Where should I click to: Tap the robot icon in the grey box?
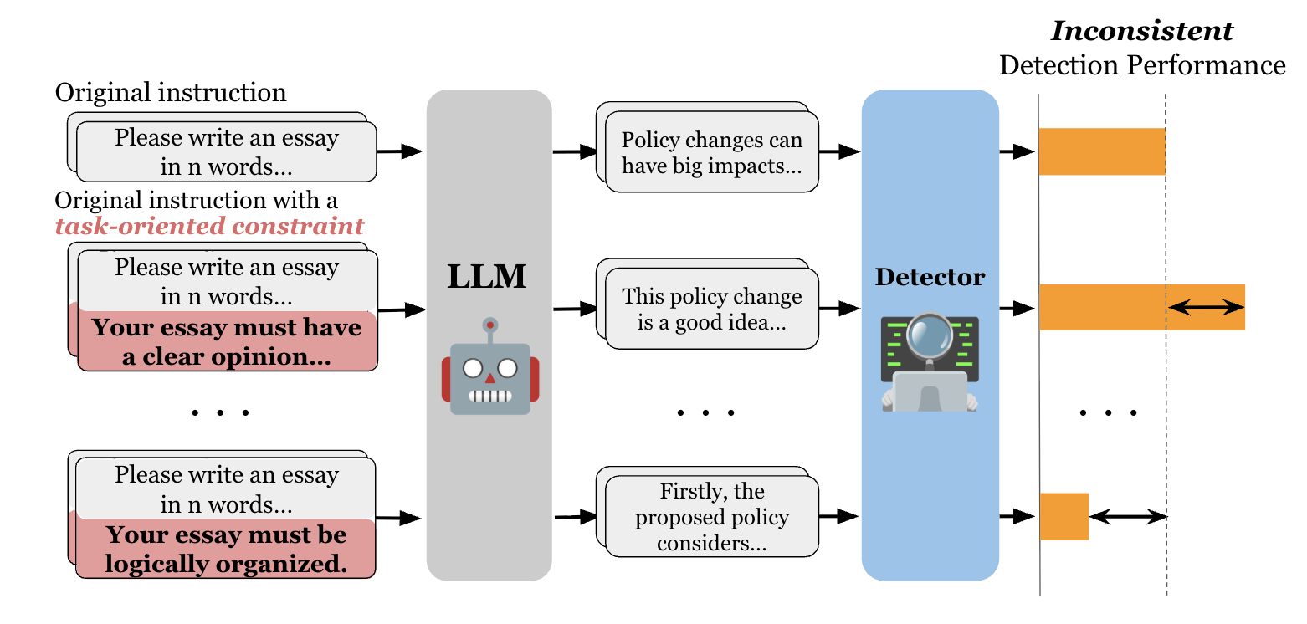(x=490, y=367)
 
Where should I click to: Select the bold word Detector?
(x=930, y=277)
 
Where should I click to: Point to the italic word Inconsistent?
(x=1141, y=31)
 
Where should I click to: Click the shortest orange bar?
(x=1064, y=516)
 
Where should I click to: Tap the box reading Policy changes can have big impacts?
(x=711, y=153)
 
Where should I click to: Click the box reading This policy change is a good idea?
(x=711, y=309)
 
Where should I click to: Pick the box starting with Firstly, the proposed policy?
(x=711, y=517)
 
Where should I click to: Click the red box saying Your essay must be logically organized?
(x=226, y=550)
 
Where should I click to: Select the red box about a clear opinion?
(x=226, y=342)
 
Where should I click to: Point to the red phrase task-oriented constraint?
(x=209, y=226)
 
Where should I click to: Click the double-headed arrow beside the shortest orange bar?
(x=1127, y=517)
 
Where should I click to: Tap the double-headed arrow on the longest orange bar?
(x=1206, y=308)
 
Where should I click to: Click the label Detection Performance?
(x=1141, y=65)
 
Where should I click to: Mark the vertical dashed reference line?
(x=1166, y=418)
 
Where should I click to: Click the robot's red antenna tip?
(x=490, y=324)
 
